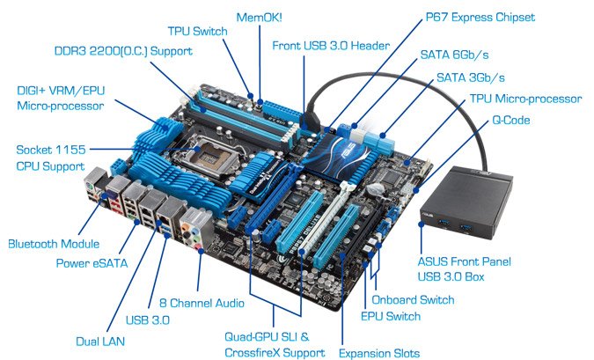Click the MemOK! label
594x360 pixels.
259,18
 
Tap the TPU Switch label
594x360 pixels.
197,31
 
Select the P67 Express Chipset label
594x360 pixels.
480,18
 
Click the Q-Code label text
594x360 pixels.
510,120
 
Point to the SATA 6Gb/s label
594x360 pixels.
454,55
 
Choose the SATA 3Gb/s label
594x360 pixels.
471,77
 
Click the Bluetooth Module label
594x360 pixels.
54,244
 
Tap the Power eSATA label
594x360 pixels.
92,263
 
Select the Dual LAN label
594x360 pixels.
100,341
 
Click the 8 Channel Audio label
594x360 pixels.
202,303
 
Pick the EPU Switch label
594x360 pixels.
391,316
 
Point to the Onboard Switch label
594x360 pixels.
413,300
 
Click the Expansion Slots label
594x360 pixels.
378,353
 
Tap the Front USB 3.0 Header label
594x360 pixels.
331,46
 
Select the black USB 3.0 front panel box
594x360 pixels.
466,202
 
